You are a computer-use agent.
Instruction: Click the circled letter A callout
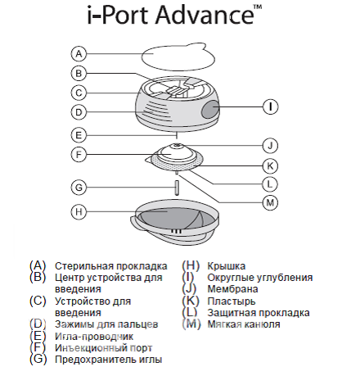click(79, 54)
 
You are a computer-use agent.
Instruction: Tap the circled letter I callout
click(271, 106)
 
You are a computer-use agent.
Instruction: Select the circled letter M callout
click(270, 203)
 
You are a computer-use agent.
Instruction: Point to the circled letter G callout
click(79, 188)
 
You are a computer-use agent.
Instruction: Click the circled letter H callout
click(79, 212)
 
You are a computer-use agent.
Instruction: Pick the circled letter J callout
click(270, 146)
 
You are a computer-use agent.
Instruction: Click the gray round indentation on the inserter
click(210, 109)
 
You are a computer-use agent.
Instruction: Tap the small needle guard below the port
click(177, 188)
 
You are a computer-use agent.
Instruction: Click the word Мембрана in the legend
click(232, 289)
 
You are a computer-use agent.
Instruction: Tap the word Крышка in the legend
click(227, 266)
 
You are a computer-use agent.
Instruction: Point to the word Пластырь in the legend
click(232, 301)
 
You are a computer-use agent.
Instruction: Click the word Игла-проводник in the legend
click(94, 337)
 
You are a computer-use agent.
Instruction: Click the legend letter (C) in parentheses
click(38, 301)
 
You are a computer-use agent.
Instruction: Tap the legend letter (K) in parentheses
click(191, 301)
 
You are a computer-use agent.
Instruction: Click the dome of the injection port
click(177, 153)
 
